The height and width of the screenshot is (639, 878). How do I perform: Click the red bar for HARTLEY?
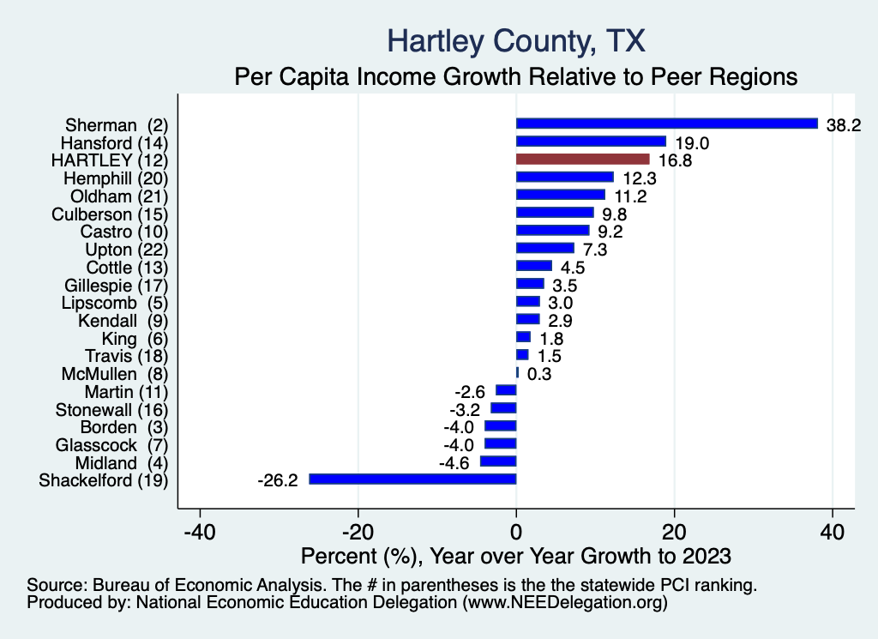click(x=582, y=160)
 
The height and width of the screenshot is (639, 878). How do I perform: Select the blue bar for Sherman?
click(x=666, y=124)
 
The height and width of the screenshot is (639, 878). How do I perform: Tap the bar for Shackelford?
click(x=412, y=479)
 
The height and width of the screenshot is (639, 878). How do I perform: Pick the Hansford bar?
click(x=591, y=142)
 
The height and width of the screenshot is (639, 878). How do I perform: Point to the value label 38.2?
click(x=843, y=124)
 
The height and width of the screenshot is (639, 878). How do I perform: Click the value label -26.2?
click(x=277, y=480)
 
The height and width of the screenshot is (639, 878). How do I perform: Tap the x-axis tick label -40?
click(x=200, y=532)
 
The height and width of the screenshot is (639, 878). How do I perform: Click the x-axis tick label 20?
click(x=675, y=532)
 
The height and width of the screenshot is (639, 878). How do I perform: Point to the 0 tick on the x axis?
click(x=516, y=532)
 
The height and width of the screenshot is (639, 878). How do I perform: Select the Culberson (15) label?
click(x=110, y=213)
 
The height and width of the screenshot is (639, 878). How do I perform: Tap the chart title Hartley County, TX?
click(x=516, y=40)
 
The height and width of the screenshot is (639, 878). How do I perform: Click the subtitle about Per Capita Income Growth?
click(x=516, y=76)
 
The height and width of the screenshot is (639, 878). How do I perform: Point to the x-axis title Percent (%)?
click(x=516, y=556)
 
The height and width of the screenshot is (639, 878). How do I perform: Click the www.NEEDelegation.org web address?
click(x=565, y=603)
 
